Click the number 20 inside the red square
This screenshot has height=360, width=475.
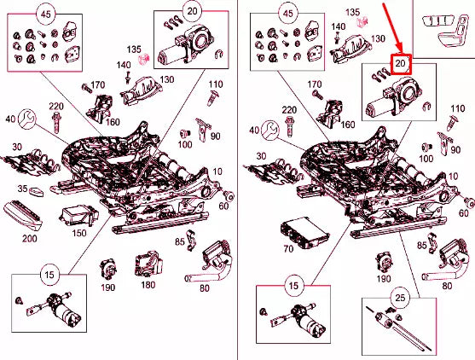click(x=401, y=64)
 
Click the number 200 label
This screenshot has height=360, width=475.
click(x=30, y=239)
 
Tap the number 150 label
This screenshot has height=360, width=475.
click(x=79, y=233)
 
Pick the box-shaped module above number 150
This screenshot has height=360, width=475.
click(x=79, y=216)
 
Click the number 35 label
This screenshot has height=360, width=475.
click(x=22, y=189)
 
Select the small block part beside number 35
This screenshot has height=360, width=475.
click(x=36, y=192)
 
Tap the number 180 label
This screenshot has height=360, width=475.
click(x=148, y=285)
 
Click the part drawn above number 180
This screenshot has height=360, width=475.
click(x=148, y=264)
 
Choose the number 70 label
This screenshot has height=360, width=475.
click(x=288, y=249)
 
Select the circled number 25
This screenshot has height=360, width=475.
click(x=400, y=298)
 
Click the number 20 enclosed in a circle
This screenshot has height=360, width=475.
click(x=192, y=11)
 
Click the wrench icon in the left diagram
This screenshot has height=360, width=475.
click(x=26, y=119)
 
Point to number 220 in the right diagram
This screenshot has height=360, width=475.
click(x=290, y=110)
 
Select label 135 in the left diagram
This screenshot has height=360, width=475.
click(x=134, y=49)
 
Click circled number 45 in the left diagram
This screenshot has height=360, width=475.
click(x=46, y=14)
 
